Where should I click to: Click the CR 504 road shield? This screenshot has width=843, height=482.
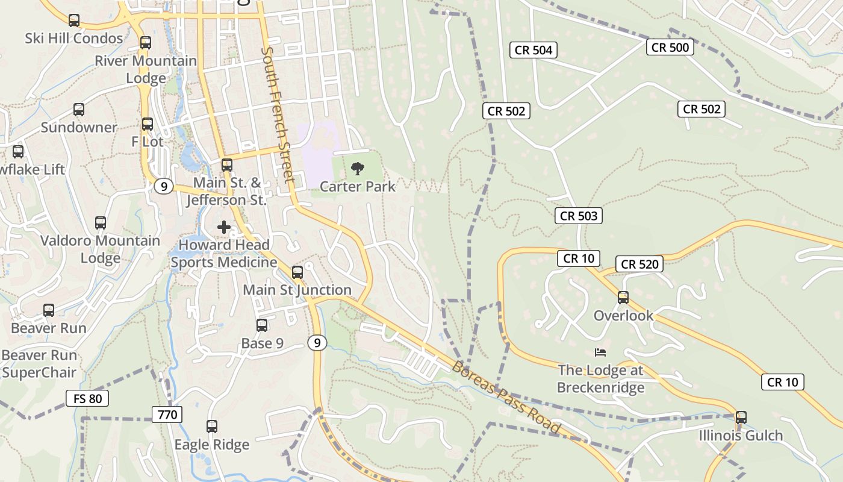click(533, 50)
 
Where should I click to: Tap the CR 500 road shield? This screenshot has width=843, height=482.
click(670, 47)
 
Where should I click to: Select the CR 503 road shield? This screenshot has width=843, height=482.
click(579, 216)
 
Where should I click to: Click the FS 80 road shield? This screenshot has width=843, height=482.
click(87, 398)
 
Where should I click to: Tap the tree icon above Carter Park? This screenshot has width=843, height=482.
click(358, 169)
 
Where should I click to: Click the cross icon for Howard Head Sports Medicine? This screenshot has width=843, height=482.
click(224, 227)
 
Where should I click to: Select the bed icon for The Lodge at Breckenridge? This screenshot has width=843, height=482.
click(600, 352)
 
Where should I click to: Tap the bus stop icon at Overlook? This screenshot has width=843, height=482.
click(623, 298)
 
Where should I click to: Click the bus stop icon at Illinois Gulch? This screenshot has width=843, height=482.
click(741, 418)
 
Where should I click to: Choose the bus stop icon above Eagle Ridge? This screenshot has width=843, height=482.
click(212, 427)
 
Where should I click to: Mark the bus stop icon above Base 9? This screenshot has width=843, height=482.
click(262, 325)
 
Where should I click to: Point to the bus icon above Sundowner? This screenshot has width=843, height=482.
click(79, 110)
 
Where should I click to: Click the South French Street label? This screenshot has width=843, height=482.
click(278, 114)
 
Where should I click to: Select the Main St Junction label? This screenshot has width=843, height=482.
click(297, 290)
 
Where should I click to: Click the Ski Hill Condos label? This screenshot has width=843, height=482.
click(74, 38)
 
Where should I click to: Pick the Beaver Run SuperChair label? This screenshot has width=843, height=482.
click(39, 363)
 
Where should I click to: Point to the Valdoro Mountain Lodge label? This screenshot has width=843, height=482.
click(100, 249)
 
